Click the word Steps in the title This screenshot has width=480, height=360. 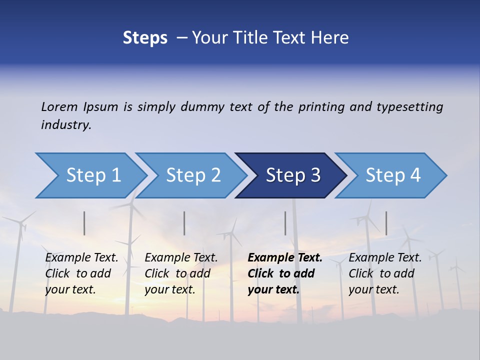pyautogui.click(x=145, y=38)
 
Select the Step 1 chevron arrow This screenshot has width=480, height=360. pyautogui.click(x=93, y=175)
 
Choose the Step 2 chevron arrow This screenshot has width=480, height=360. pyautogui.click(x=193, y=175)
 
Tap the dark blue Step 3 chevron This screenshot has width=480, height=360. pyautogui.click(x=293, y=175)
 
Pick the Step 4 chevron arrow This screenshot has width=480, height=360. pyautogui.click(x=393, y=175)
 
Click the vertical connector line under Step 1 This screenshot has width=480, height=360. pyautogui.click(x=84, y=223)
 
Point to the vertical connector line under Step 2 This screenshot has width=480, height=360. pyautogui.click(x=184, y=223)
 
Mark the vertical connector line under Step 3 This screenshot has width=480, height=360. pyautogui.click(x=285, y=223)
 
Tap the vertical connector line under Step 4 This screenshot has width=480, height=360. pyautogui.click(x=386, y=223)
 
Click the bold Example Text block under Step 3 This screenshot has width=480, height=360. pyautogui.click(x=284, y=273)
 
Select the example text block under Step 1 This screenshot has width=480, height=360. pyautogui.click(x=81, y=273)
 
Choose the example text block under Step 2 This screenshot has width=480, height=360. pyautogui.click(x=181, y=273)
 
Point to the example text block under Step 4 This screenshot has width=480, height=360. pyautogui.click(x=385, y=273)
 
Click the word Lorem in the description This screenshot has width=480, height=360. pyautogui.click(x=59, y=106)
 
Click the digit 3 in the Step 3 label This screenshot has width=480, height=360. pyautogui.click(x=315, y=175)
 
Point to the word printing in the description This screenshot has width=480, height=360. pyautogui.click(x=321, y=106)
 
